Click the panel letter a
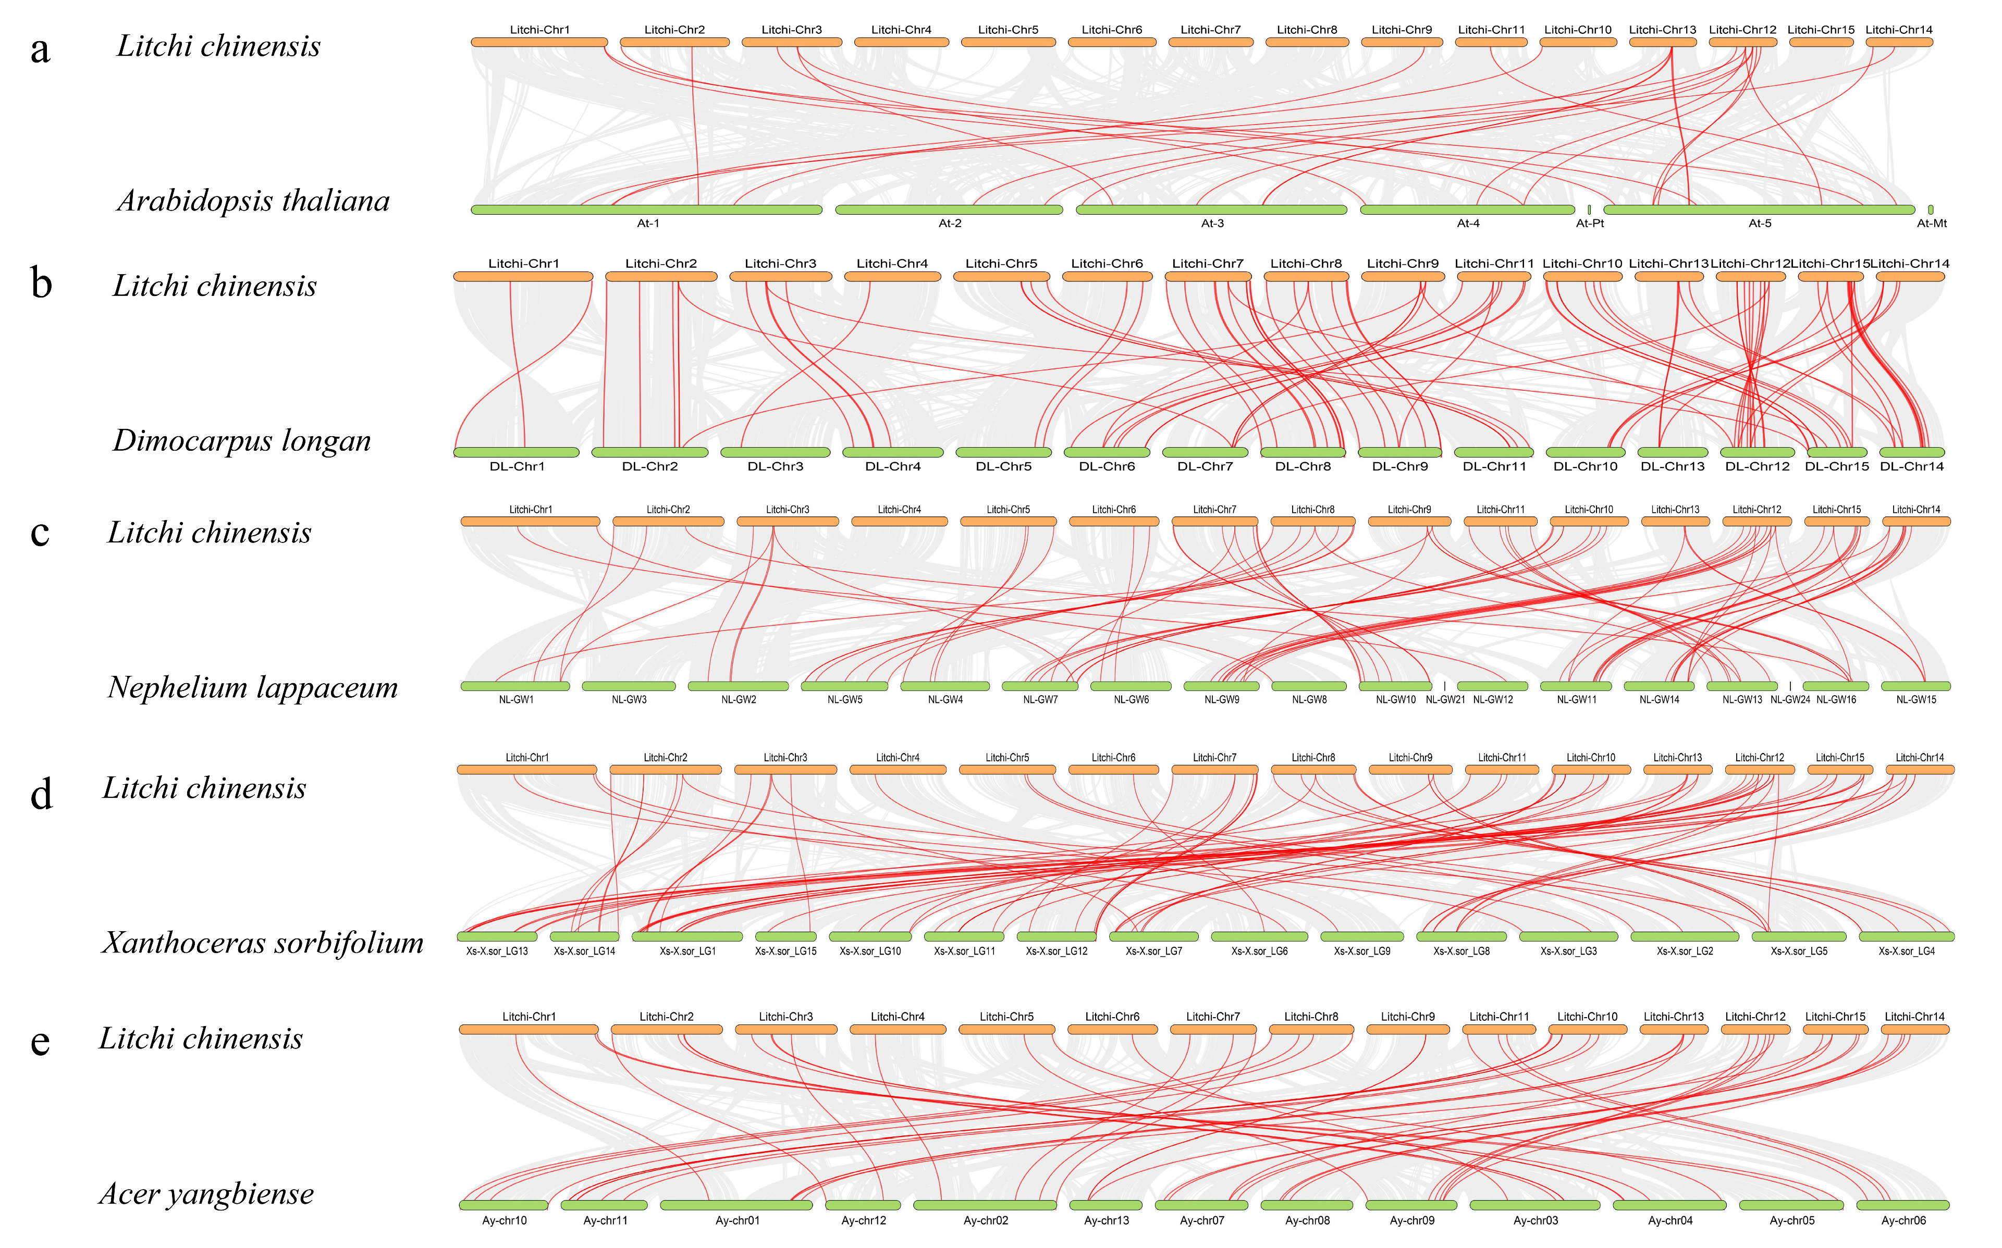(40, 50)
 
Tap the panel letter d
(41, 794)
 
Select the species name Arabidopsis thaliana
(253, 201)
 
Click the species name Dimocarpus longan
(241, 441)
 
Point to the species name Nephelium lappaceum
(253, 687)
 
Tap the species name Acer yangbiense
(206, 1193)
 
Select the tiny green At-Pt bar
(1589, 209)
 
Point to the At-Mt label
(1931, 224)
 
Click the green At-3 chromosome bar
(1211, 209)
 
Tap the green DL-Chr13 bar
(1673, 452)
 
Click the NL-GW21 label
(1445, 700)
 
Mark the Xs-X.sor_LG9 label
(1361, 952)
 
